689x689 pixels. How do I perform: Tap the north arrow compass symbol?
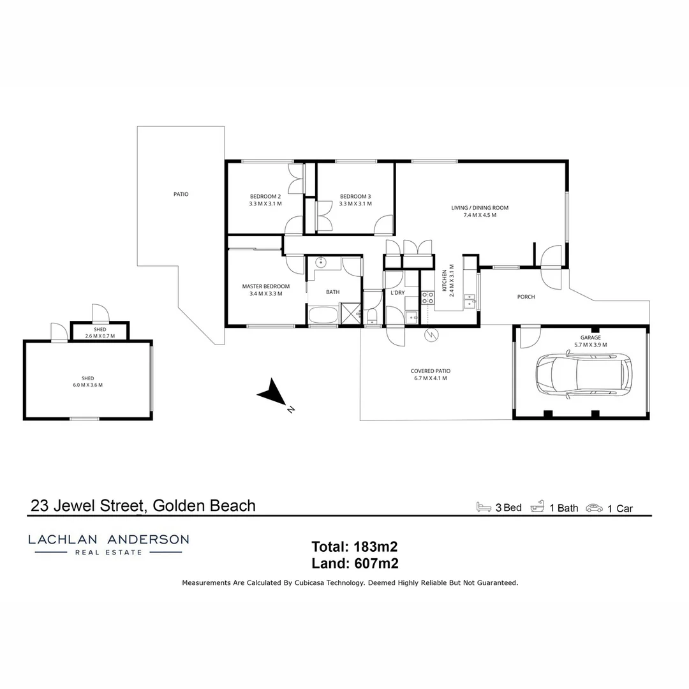point(272,393)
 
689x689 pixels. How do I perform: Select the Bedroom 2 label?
point(265,200)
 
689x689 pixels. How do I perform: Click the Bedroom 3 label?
point(355,200)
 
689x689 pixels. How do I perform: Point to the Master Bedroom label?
point(266,290)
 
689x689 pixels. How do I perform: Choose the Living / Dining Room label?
point(480,211)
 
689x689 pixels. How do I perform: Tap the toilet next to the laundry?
point(372,315)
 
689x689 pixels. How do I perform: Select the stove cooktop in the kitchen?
point(427,297)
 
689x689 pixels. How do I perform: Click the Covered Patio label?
point(430,374)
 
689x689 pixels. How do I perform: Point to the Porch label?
point(526,297)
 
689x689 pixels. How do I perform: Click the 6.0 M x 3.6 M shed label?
point(87,381)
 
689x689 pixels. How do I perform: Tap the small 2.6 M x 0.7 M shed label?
point(100,332)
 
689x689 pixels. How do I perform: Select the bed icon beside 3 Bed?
point(484,507)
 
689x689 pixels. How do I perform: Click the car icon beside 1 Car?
point(594,508)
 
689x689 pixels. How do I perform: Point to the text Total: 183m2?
point(354,547)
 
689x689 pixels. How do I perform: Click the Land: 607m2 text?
point(355,563)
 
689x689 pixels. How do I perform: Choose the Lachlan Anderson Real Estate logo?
point(108,544)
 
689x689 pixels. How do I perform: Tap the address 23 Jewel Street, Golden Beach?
point(143,506)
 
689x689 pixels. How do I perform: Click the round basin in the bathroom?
point(321,262)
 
